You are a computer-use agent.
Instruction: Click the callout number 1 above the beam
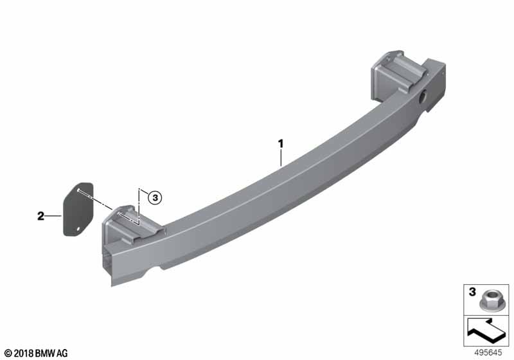pyautogui.click(x=281, y=143)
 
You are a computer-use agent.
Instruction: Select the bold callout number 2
pyautogui.click(x=40, y=216)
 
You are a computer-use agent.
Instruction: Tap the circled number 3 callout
pyautogui.click(x=155, y=198)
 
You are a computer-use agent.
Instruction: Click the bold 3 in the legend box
pyautogui.click(x=472, y=292)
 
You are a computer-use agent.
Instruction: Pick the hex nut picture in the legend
pyautogui.click(x=488, y=301)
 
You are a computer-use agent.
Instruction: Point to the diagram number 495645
pyautogui.click(x=488, y=353)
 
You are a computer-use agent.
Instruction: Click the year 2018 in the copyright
pyautogui.click(x=24, y=354)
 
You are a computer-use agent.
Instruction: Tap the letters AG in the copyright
pyautogui.click(x=62, y=354)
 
